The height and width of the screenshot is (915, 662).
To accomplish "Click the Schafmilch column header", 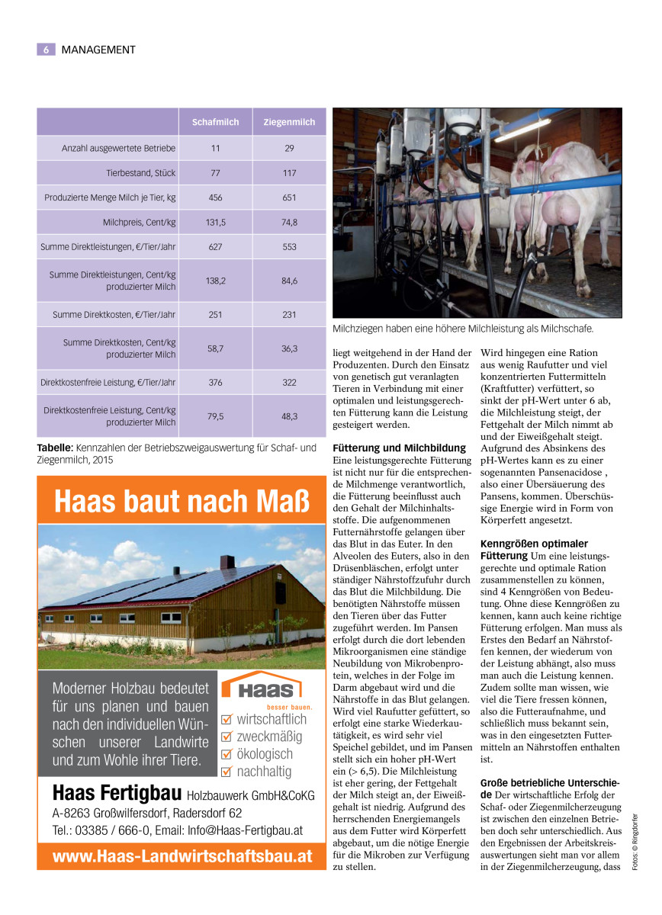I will click(x=215, y=122).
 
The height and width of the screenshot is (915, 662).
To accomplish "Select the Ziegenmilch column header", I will click(x=289, y=122).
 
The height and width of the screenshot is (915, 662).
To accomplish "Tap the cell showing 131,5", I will click(x=215, y=223).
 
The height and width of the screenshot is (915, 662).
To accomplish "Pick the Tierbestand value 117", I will click(x=289, y=173).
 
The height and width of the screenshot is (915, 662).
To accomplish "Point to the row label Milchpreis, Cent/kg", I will click(x=139, y=223).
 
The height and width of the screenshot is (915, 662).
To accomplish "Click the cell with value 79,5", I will click(x=215, y=416).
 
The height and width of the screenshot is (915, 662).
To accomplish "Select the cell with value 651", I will click(x=289, y=197).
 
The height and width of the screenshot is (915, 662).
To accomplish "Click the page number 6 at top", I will click(x=46, y=50).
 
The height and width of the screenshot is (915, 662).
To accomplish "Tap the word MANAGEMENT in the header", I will click(x=98, y=50).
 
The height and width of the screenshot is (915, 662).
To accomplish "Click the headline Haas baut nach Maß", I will click(x=183, y=502).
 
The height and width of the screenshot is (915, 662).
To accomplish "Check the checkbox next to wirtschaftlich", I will click(x=226, y=719).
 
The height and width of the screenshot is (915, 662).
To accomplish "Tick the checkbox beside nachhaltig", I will click(x=226, y=772).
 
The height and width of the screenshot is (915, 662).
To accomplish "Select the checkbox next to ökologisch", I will click(x=226, y=754).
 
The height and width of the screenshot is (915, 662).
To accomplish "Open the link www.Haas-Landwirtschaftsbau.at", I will click(x=182, y=856).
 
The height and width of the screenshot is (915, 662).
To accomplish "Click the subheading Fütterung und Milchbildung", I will click(x=399, y=448).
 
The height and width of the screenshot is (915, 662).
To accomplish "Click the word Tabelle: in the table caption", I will click(x=55, y=448).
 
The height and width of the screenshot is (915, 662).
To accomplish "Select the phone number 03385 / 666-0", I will click(x=108, y=830).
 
